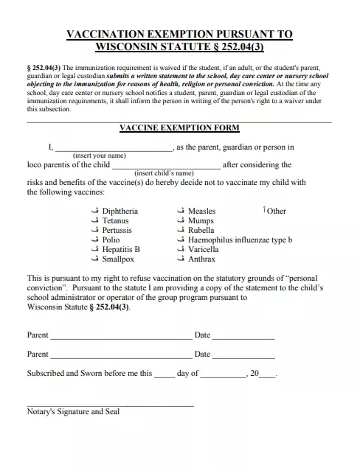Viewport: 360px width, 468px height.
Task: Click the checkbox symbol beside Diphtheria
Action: click(x=93, y=212)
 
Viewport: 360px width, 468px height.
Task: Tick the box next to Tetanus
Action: click(x=93, y=221)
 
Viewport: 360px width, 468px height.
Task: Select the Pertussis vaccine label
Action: click(x=117, y=231)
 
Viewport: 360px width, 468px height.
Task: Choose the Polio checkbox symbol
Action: click(x=93, y=240)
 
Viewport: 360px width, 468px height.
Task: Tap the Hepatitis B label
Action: click(x=121, y=250)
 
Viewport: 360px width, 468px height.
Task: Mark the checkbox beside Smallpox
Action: click(x=93, y=259)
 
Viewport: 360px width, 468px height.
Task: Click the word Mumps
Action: click(x=201, y=221)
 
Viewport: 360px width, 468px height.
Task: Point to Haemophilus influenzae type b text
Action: click(x=240, y=240)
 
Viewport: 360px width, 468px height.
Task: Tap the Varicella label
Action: click(x=204, y=250)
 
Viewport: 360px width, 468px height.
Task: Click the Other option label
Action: click(x=277, y=212)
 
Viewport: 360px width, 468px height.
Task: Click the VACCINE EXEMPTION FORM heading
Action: click(x=179, y=128)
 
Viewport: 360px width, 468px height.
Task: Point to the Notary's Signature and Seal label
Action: click(x=73, y=412)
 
